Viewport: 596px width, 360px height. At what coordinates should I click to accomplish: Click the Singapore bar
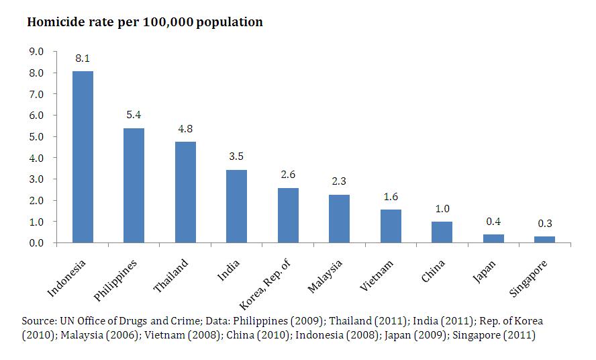pyautogui.click(x=544, y=239)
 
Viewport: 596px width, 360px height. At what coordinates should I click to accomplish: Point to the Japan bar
pyautogui.click(x=493, y=238)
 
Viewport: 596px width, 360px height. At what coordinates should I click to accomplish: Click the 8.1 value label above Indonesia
pyautogui.click(x=83, y=59)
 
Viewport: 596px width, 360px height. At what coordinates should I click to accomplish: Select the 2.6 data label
pyautogui.click(x=288, y=175)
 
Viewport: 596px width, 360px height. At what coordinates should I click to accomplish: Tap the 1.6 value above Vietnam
pyautogui.click(x=391, y=197)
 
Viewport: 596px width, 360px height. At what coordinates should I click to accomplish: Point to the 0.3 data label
pyautogui.click(x=544, y=224)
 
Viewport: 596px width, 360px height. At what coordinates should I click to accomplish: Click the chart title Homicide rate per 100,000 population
pyautogui.click(x=144, y=22)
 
